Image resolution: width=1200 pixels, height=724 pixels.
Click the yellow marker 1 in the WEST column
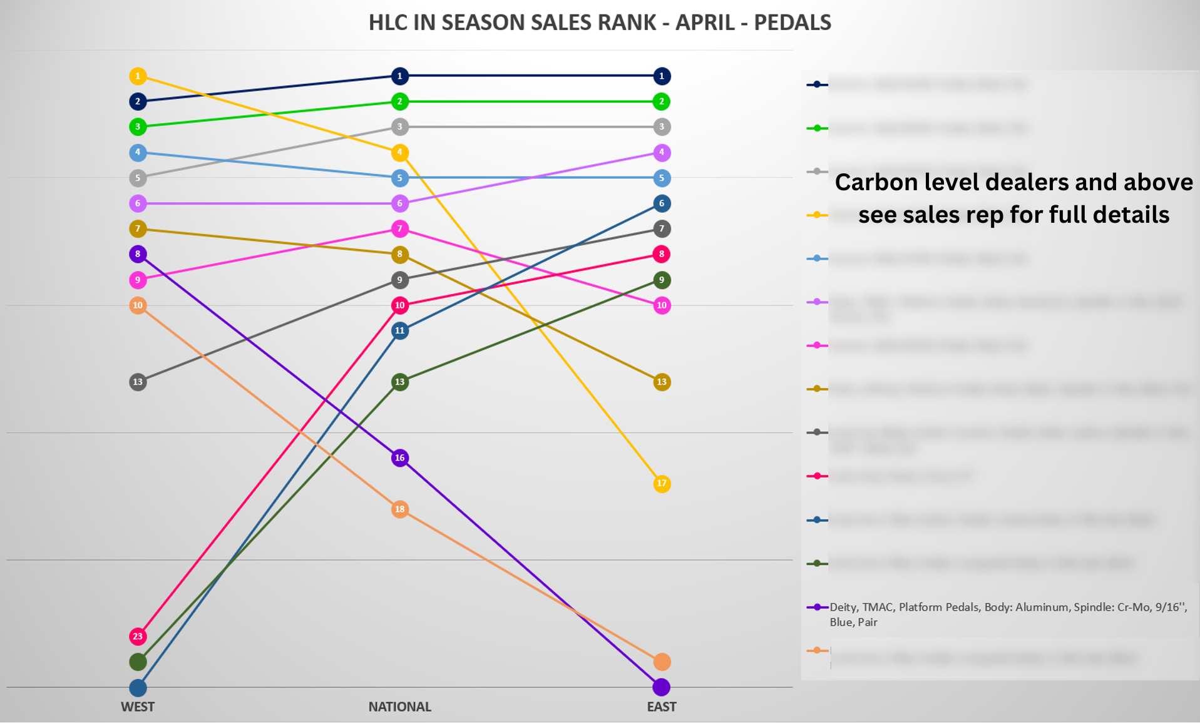[x=138, y=76]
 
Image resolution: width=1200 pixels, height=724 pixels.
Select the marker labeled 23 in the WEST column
[x=138, y=636]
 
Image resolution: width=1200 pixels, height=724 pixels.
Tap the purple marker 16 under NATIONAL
[x=399, y=458]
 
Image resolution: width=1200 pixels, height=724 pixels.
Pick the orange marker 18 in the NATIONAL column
[x=399, y=509]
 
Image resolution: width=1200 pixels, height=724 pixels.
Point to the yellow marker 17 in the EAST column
[x=662, y=484]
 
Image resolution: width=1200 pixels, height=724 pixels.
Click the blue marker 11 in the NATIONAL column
[x=399, y=330]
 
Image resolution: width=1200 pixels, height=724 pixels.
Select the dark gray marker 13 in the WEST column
[x=138, y=382]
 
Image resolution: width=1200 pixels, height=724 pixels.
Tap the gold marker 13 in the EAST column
[x=662, y=382]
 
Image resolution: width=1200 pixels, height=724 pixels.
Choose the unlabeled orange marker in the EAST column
[x=662, y=661]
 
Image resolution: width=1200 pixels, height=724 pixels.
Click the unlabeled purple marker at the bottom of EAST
[x=662, y=687]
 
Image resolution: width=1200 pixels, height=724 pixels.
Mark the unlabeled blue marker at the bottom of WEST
[x=138, y=688]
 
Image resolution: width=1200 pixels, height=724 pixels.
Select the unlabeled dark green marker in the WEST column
[x=138, y=661]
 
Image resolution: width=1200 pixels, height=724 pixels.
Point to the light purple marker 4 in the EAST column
[x=662, y=152]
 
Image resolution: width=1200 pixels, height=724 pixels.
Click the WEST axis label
[x=138, y=707]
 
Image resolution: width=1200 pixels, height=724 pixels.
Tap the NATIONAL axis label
[x=399, y=707]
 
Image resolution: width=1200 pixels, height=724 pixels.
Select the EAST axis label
[x=662, y=707]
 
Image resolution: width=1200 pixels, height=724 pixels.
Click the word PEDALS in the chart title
[x=792, y=23]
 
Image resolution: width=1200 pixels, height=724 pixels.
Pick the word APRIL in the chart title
[x=706, y=23]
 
